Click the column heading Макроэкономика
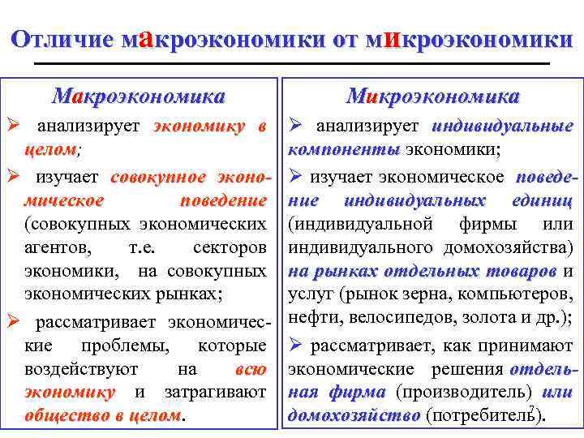click(138, 97)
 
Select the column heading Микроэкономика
click(432, 97)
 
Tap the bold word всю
click(249, 369)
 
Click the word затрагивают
click(215, 393)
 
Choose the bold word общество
click(67, 416)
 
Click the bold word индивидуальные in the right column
click(502, 127)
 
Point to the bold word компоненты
click(344, 151)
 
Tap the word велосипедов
click(401, 317)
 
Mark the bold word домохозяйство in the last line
click(354, 416)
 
